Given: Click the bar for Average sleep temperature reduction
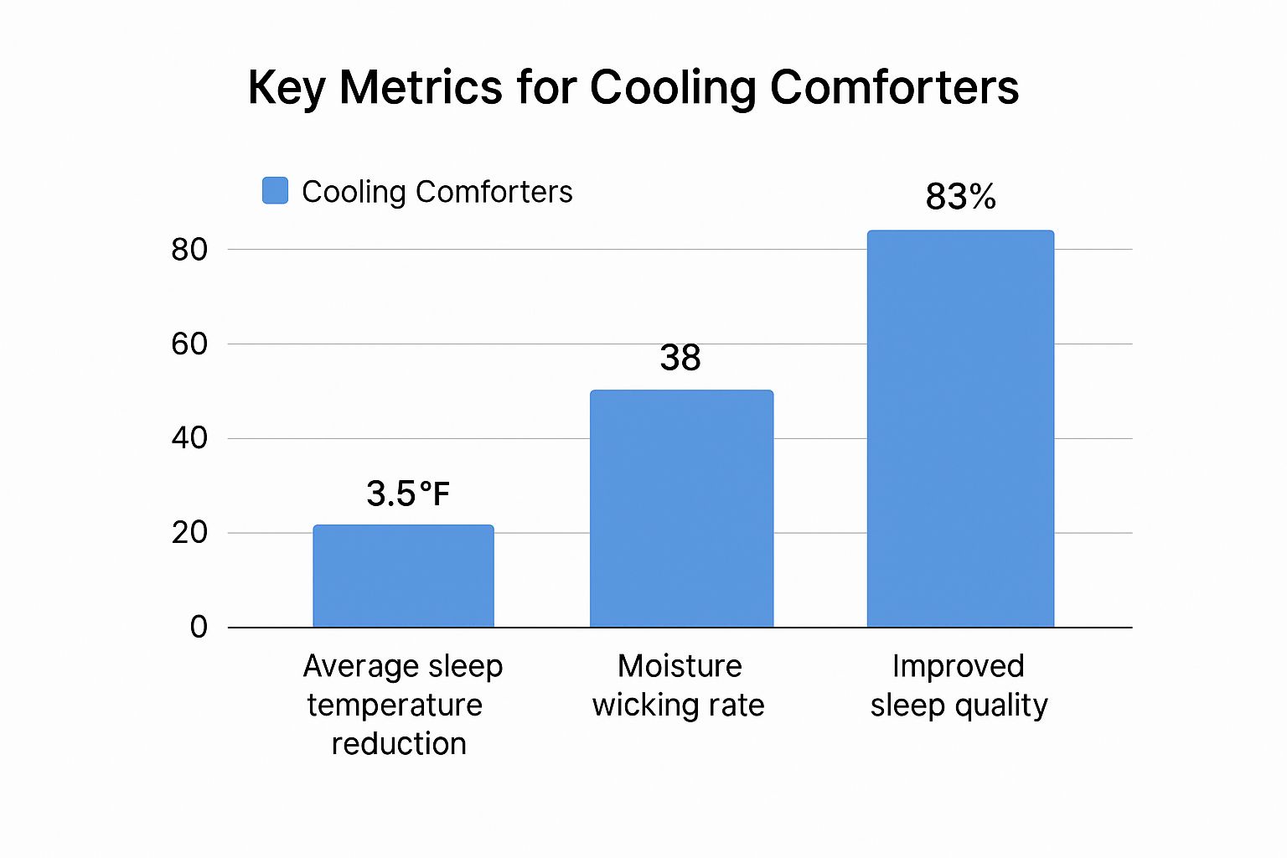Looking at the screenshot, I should (403, 576).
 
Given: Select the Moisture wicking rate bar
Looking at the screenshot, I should (681, 509).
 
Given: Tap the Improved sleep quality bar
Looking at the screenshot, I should (960, 429).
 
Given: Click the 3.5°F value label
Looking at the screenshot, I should (408, 494).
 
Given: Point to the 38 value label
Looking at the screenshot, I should (680, 359).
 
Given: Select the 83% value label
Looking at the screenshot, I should (960, 198).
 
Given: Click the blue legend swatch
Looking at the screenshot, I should (275, 190).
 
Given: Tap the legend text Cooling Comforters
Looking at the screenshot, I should (437, 192).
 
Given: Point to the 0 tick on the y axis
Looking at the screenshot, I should (199, 627).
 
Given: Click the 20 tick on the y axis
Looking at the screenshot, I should (189, 532).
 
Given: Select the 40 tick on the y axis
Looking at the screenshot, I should (189, 437).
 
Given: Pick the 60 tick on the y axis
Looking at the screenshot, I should (189, 344).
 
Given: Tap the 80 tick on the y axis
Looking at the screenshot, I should (189, 249).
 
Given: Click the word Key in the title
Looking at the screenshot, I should (287, 88).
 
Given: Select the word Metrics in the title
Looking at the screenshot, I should (421, 86).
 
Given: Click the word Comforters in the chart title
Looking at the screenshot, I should (894, 86).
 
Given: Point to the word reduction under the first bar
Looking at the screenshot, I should (399, 744).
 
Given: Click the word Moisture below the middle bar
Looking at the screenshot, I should (680, 666).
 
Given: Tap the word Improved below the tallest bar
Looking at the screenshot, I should (958, 667).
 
